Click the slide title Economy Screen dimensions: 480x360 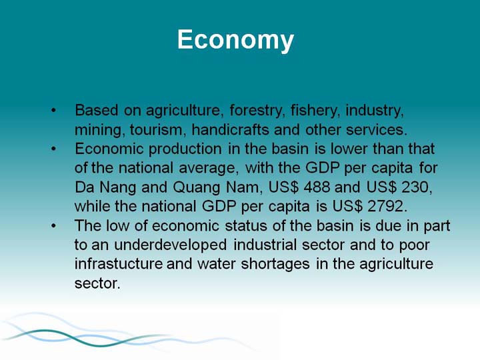235,40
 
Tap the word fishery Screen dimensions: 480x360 315,111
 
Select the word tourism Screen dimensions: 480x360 158,130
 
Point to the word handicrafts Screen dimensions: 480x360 230,129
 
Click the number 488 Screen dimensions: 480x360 317,187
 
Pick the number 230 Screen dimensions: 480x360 417,187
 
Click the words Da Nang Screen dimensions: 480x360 105,187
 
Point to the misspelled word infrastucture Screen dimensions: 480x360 119,264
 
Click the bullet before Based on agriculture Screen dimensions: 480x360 54,110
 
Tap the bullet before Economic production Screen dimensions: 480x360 54,149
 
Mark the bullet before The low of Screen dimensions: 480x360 54,226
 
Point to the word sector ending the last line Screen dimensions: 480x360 97,283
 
